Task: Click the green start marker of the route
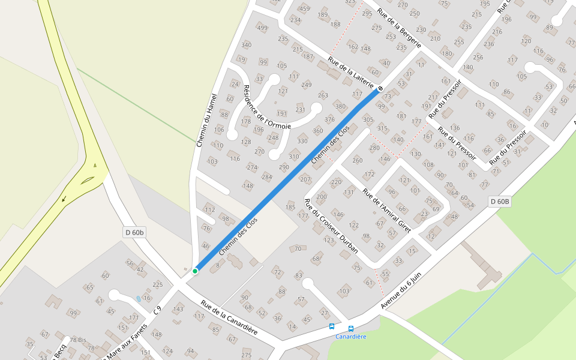(x=195, y=271)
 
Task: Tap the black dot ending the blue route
(x=379, y=89)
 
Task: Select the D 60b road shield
(x=135, y=232)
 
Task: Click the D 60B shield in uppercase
(x=499, y=202)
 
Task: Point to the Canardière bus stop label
(x=350, y=337)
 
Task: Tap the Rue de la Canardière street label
(x=229, y=317)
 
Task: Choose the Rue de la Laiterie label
(x=351, y=73)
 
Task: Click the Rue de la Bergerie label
(x=399, y=28)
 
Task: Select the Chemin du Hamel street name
(x=206, y=121)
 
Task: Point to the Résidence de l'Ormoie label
(x=266, y=107)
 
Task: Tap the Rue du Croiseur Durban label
(x=331, y=226)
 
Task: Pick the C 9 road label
(x=158, y=310)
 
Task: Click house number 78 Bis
(x=78, y=340)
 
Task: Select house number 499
(x=262, y=28)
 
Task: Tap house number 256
(x=478, y=58)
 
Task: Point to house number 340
(x=246, y=45)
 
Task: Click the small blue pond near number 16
(x=139, y=298)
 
